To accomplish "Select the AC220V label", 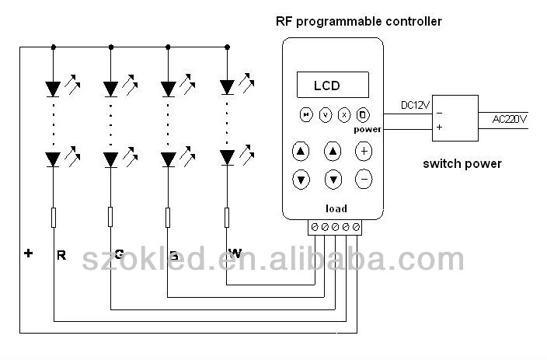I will pyautogui.click(x=510, y=118).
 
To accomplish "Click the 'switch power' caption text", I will pyautogui.click(x=462, y=163).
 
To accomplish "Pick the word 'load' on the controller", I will pyautogui.click(x=336, y=208).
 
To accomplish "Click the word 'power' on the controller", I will pyautogui.click(x=368, y=129).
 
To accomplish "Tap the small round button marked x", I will pyautogui.click(x=344, y=114).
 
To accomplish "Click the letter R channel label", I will pyautogui.click(x=61, y=253).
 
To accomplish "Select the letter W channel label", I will pyautogui.click(x=235, y=253).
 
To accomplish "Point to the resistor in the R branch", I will pyautogui.click(x=54, y=217).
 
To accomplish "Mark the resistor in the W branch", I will pyautogui.click(x=227, y=217).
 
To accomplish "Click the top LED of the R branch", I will pyautogui.click(x=54, y=86).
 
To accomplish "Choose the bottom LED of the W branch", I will pyautogui.click(x=227, y=158).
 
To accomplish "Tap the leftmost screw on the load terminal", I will pyautogui.click(x=315, y=227).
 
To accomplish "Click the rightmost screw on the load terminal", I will pyautogui.click(x=357, y=227).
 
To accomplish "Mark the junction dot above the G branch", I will pyautogui.click(x=111, y=47).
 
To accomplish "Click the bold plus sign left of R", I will pyautogui.click(x=28, y=253).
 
